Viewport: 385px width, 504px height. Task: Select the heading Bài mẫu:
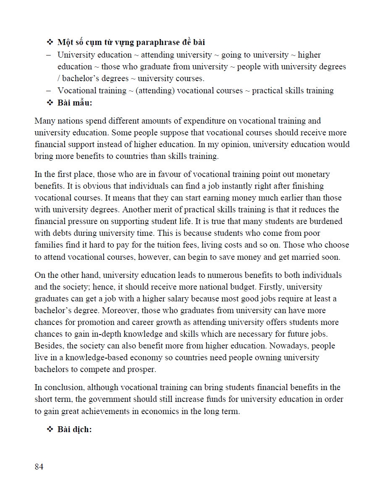pyautogui.click(x=75, y=103)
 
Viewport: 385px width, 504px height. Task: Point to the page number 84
pyautogui.click(x=39, y=467)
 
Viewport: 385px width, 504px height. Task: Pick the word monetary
pyautogui.click(x=314, y=174)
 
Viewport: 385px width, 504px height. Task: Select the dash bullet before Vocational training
pyautogui.click(x=49, y=91)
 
